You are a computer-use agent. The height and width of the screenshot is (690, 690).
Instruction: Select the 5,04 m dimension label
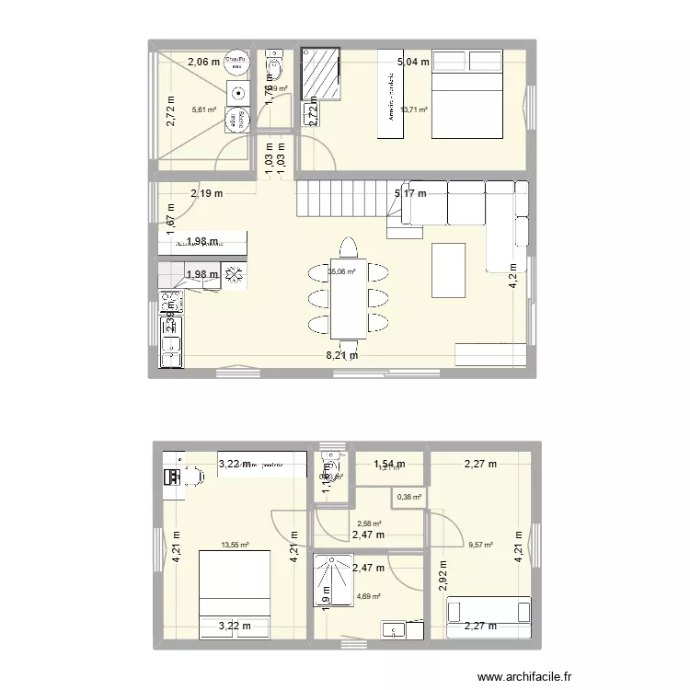(412, 63)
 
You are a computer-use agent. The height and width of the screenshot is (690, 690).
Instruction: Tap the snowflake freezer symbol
(233, 274)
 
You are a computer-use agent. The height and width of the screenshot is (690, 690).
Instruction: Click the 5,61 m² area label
(204, 109)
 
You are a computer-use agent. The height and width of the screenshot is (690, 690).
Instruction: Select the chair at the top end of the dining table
(348, 248)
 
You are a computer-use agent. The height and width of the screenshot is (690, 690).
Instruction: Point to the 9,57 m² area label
(481, 545)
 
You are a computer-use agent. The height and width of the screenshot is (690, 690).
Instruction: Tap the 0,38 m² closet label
(409, 498)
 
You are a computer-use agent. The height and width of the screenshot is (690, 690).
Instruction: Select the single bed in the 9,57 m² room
(489, 617)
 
